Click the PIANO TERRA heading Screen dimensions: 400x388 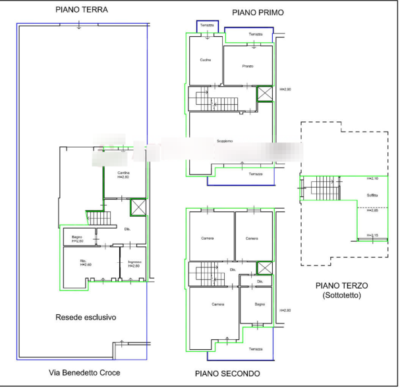point(82,10)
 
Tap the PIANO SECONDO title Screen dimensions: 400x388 point(228,374)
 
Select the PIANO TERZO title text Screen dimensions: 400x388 point(343,286)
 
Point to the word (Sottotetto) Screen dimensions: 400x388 point(342,296)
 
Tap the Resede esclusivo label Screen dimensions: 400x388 point(86,318)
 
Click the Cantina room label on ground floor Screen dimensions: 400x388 point(123,174)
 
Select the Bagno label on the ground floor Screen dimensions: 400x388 point(76,237)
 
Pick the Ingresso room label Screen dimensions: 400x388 point(136,264)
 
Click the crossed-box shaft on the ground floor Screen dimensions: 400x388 point(138,207)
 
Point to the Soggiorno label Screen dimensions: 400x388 point(225,140)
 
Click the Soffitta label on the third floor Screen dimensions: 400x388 point(372,195)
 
